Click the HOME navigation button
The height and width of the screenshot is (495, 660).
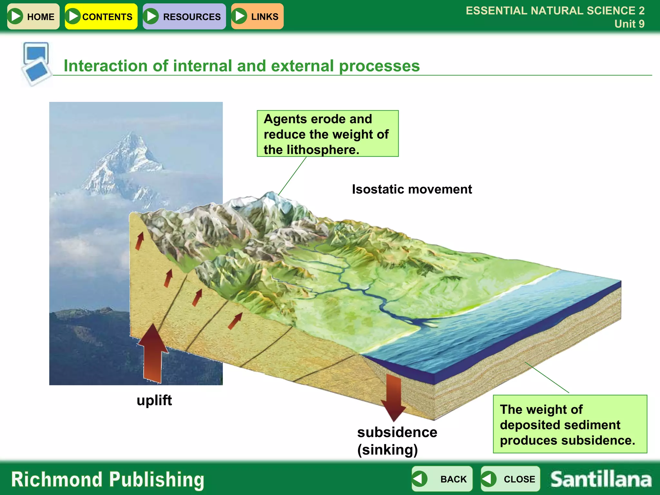(33, 16)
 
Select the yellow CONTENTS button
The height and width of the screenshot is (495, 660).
(101, 16)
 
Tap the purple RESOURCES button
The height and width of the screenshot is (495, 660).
(184, 16)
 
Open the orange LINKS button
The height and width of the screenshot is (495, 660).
(257, 16)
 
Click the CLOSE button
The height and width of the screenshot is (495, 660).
(510, 479)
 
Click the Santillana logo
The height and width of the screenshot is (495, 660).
(601, 479)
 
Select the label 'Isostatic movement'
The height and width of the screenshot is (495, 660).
(412, 189)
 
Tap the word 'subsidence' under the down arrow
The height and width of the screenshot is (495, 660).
(397, 432)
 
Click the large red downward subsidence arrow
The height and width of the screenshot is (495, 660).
(393, 398)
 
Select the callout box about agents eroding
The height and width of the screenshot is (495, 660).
(327, 134)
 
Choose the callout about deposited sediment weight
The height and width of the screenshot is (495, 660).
(570, 424)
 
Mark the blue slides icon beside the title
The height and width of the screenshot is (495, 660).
(36, 63)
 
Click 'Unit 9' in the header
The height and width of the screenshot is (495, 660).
(629, 24)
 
